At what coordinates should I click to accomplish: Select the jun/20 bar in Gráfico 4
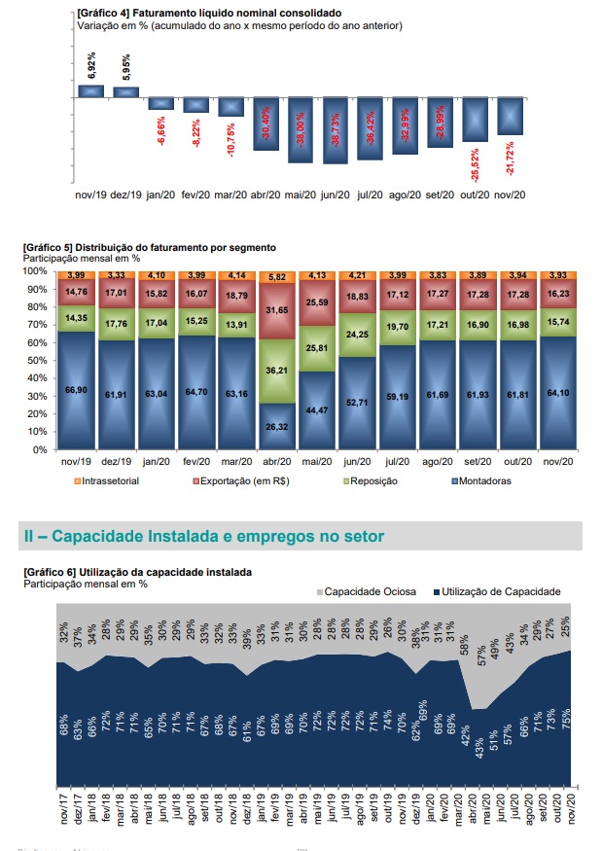[336, 129]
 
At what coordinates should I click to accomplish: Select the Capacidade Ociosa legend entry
[367, 591]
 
